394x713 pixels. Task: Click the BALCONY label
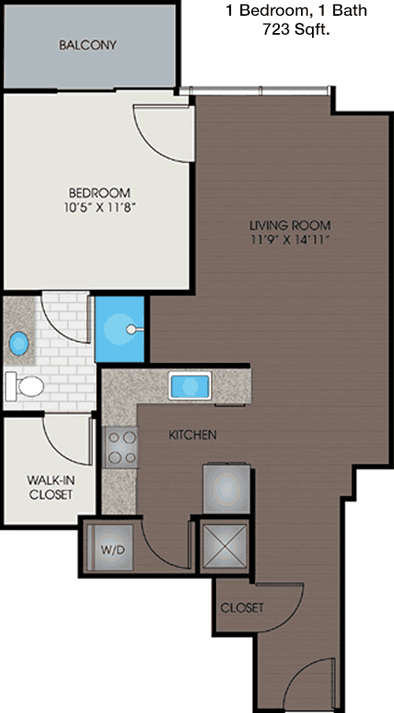coord(87,45)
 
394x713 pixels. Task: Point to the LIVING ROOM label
coord(290,225)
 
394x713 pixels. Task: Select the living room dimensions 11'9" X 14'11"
coord(290,240)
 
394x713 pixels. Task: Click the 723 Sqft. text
coord(295,31)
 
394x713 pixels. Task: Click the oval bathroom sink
coord(19,344)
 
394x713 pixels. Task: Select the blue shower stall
coord(120,329)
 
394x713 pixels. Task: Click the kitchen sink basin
coord(190,385)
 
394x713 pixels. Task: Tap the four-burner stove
coord(121,447)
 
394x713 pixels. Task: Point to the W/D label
coord(112,550)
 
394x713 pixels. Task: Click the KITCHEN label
coord(192,435)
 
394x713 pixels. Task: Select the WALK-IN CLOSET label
coord(50,487)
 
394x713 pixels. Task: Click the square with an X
coord(225,547)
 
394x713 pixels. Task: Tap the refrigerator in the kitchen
coord(227,488)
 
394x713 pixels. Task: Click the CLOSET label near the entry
coord(242,607)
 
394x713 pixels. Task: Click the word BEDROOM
coord(99,192)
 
